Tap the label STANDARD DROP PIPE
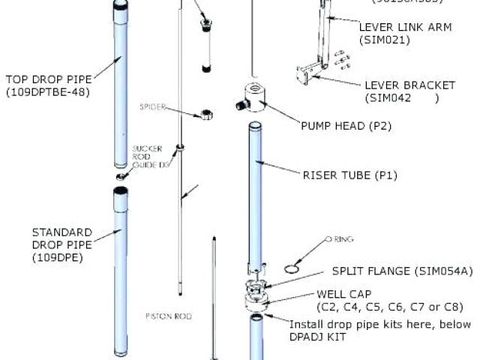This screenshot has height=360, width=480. (x=61, y=238)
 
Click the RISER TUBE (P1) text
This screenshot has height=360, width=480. (x=349, y=175)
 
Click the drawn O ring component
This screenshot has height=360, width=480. (x=293, y=267)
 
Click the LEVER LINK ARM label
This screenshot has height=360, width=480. (x=405, y=26)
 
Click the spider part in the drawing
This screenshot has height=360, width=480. (x=202, y=115)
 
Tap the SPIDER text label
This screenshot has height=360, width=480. (x=152, y=107)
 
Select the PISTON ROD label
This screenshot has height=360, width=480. (x=168, y=316)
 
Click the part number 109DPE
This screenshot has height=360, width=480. (x=57, y=258)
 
